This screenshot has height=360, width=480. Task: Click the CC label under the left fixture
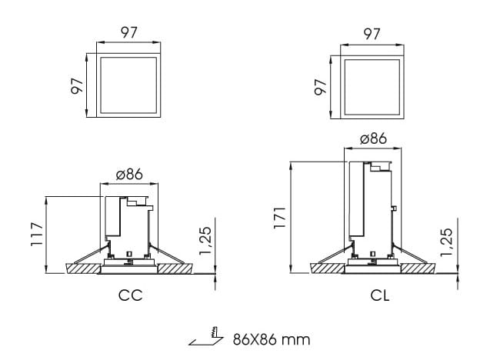click(130, 295)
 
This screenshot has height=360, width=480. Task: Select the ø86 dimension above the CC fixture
click(130, 175)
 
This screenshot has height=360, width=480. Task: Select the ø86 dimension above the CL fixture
click(372, 139)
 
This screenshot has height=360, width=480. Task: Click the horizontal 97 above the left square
click(128, 34)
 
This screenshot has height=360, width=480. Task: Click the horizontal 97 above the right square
click(372, 34)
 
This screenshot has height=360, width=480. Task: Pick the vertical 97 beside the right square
click(320, 85)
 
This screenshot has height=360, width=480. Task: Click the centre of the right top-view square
click(372, 85)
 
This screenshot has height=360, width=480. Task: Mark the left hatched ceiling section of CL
click(327, 269)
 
